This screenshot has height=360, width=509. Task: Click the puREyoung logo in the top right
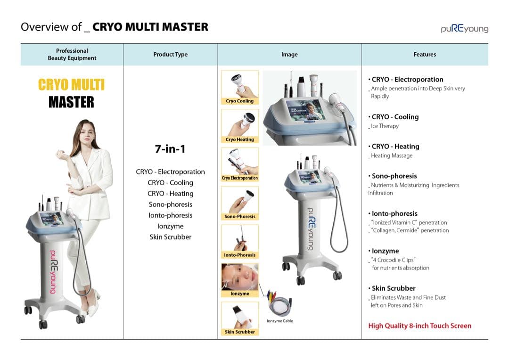pyautogui.click(x=464, y=28)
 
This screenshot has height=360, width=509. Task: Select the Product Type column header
pyautogui.click(x=170, y=55)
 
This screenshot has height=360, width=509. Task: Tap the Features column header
pyautogui.click(x=425, y=55)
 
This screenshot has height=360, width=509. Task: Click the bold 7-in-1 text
pyautogui.click(x=170, y=149)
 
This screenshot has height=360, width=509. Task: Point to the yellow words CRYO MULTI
pyautogui.click(x=71, y=85)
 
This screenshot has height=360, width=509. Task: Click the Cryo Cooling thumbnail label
pyautogui.click(x=239, y=101)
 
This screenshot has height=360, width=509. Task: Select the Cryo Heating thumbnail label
pyautogui.click(x=239, y=139)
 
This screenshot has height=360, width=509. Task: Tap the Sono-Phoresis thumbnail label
pyautogui.click(x=239, y=217)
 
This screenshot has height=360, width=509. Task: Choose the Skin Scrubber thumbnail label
pyautogui.click(x=239, y=332)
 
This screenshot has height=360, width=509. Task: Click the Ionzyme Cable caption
pyautogui.click(x=280, y=321)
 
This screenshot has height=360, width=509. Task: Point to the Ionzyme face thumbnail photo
pyautogui.click(x=239, y=277)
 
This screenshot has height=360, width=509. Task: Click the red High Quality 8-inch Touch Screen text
pyautogui.click(x=419, y=326)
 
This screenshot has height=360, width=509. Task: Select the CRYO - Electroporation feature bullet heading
pyautogui.click(x=407, y=80)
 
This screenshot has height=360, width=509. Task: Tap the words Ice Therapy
pyautogui.click(x=385, y=126)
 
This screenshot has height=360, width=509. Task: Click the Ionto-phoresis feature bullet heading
pyautogui.click(x=394, y=213)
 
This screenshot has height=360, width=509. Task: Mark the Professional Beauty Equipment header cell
pyautogui.click(x=72, y=55)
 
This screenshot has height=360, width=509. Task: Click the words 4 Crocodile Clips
pyautogui.click(x=394, y=260)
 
